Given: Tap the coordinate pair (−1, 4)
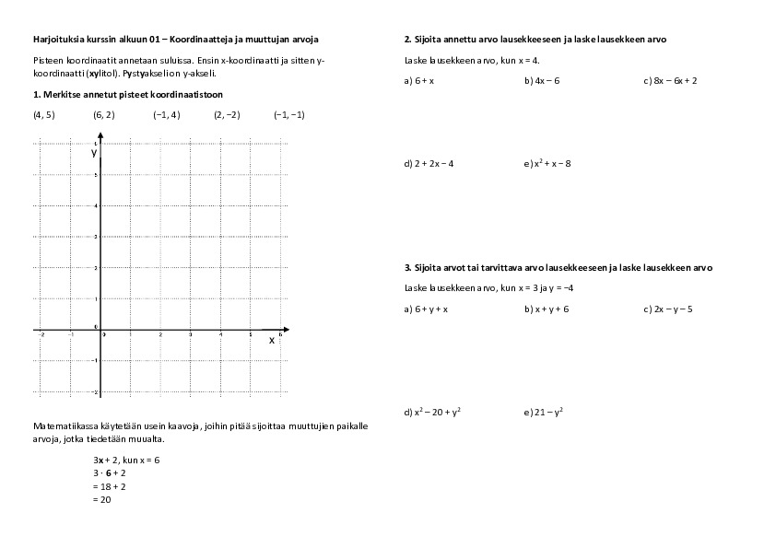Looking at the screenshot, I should coord(167,114).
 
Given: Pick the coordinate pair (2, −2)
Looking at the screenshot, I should coord(227,114).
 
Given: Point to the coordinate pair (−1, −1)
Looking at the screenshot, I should coord(288,114).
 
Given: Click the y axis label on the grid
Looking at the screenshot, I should coord(94,153).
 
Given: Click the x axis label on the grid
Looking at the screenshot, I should coord(271,340).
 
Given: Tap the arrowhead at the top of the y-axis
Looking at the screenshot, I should coord(100,137).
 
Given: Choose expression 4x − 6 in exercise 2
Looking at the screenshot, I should coord(547,81).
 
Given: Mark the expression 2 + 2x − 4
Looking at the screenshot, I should coord(433,164).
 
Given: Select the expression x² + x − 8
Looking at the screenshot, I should coord(552,164).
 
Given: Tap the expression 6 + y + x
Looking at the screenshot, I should coord(430,309).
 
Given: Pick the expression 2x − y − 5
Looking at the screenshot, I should coord(672,309).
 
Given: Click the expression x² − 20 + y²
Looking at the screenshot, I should coord(437,413).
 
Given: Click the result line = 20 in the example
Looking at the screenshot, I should coord(102,499).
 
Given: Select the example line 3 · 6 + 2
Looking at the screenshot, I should coord(110,472).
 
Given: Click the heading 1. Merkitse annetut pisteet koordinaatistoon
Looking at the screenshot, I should coord(127,95).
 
